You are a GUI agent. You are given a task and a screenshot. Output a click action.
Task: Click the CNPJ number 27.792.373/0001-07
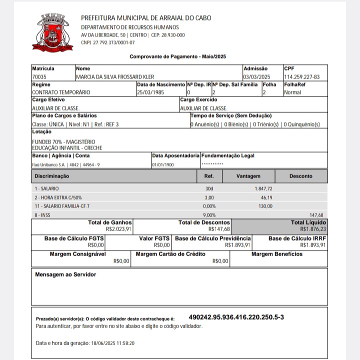pos(107,43)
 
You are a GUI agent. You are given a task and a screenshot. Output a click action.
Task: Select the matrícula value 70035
pos(39,77)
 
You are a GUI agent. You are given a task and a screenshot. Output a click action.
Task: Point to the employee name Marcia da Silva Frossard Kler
pos(115,77)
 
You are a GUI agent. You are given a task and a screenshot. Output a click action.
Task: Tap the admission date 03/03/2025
pos(256,77)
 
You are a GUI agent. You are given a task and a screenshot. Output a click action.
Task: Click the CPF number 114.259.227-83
pos(302,77)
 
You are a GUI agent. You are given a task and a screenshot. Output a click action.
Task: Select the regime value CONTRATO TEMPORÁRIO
pos(61,92)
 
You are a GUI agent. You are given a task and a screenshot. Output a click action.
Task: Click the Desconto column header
pos(300,176)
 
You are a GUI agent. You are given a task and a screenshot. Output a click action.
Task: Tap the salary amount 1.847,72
pos(263,188)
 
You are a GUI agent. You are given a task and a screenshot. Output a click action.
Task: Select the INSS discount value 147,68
pos(316,215)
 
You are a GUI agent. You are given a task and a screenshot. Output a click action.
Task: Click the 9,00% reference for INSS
pos(209,215)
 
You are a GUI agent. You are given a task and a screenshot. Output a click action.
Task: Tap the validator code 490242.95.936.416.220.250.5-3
pos(236,317)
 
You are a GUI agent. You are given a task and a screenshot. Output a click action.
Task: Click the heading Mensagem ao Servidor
pos(65,274)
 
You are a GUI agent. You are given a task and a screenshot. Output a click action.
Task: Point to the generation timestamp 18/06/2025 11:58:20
pos(113,343)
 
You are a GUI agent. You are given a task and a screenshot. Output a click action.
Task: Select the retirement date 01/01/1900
pos(163,164)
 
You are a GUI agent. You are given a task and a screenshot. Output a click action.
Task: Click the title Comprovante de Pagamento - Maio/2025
pos(178,57)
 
